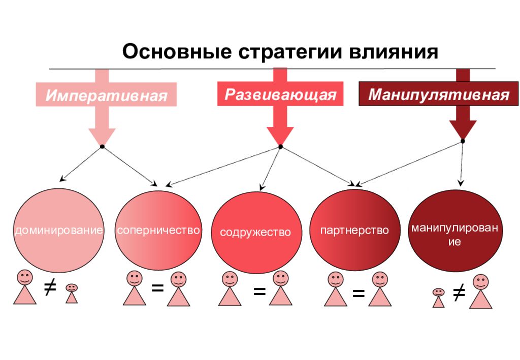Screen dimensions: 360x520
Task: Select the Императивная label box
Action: [106, 95]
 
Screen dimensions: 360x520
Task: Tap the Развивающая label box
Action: [280, 95]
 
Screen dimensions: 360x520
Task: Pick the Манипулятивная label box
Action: [438, 95]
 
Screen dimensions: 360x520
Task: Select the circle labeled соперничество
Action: [158, 230]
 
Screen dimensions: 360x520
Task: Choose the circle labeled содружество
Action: [254, 232]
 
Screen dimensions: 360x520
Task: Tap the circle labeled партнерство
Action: [354, 230]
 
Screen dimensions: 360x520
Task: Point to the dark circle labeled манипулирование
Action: [454, 231]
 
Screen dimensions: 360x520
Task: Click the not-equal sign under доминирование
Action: [49, 288]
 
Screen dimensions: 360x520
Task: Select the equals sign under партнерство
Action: [358, 293]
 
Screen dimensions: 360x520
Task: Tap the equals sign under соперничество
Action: [157, 288]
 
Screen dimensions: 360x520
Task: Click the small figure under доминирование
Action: [72, 293]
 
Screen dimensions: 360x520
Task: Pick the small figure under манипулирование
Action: [438, 298]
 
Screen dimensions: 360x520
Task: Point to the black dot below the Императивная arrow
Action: [102, 147]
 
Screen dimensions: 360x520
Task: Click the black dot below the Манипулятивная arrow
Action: [463, 141]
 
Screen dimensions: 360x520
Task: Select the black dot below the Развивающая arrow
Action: [280, 147]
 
